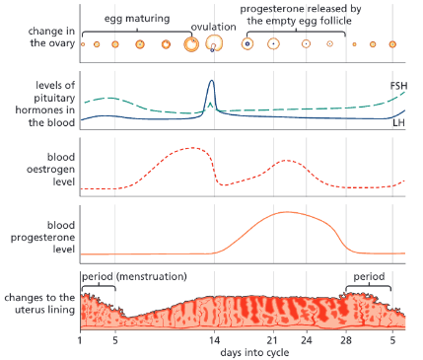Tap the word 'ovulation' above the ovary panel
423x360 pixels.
coord(213,27)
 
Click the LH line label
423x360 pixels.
coord(399,122)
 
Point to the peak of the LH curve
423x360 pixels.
coord(211,82)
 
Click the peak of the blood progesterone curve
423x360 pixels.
coord(286,212)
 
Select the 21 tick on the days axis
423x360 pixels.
coord(272,339)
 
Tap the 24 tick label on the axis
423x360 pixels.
coord(308,339)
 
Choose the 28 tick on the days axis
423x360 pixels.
coord(344,339)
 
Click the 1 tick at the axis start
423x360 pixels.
coord(80,339)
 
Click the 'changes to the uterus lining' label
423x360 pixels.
coord(38,305)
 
